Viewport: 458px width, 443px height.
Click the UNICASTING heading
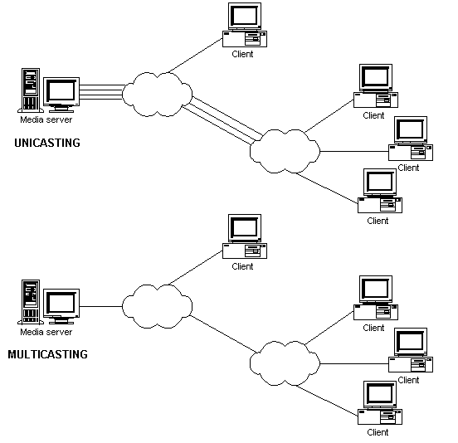click(x=47, y=143)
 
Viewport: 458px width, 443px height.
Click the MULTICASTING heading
click(x=47, y=354)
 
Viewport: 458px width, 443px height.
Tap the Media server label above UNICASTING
click(x=46, y=119)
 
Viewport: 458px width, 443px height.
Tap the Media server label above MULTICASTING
click(x=46, y=332)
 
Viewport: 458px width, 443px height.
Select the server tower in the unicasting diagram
click(x=31, y=90)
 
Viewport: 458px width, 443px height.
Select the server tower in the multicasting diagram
click(x=31, y=302)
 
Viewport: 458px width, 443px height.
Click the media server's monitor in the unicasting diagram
click(x=61, y=95)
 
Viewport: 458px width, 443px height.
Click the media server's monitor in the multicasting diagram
click(x=61, y=306)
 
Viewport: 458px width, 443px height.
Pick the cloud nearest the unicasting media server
click(x=157, y=95)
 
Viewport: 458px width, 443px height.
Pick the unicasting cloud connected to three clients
click(x=285, y=151)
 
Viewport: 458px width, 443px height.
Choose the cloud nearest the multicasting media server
click(x=157, y=306)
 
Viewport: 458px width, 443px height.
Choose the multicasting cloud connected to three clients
click(x=285, y=363)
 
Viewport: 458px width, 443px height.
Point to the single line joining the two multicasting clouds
click(x=223, y=333)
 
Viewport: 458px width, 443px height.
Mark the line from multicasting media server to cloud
click(x=100, y=306)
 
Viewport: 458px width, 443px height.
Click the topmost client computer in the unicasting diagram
click(x=245, y=25)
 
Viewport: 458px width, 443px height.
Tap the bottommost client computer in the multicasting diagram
click(x=380, y=402)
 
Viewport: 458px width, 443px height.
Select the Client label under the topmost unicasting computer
click(x=242, y=54)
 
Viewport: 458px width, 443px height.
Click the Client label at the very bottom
click(x=378, y=432)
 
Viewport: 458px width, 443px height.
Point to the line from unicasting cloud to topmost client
click(x=196, y=56)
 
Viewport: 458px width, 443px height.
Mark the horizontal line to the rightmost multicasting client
click(x=354, y=363)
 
